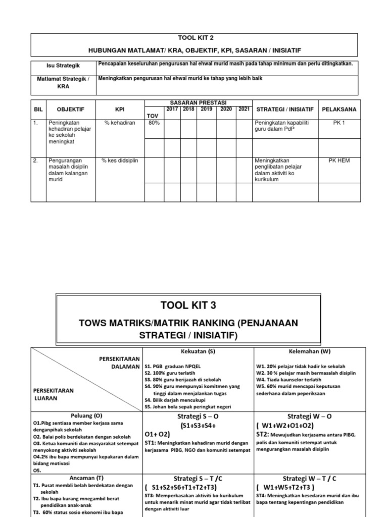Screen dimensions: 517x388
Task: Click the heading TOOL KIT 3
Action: coord(187,305)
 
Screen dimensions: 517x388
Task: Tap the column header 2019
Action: coord(206,109)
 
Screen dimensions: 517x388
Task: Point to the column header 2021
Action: coord(244,109)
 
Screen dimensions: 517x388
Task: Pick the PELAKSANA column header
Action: coord(339,109)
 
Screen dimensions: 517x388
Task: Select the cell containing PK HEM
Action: coord(339,161)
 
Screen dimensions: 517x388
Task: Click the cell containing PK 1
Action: coord(339,123)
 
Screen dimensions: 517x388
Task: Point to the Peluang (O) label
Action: coord(87,416)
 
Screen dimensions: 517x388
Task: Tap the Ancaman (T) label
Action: coord(87,478)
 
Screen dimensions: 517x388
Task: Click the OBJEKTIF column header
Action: coord(71,109)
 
